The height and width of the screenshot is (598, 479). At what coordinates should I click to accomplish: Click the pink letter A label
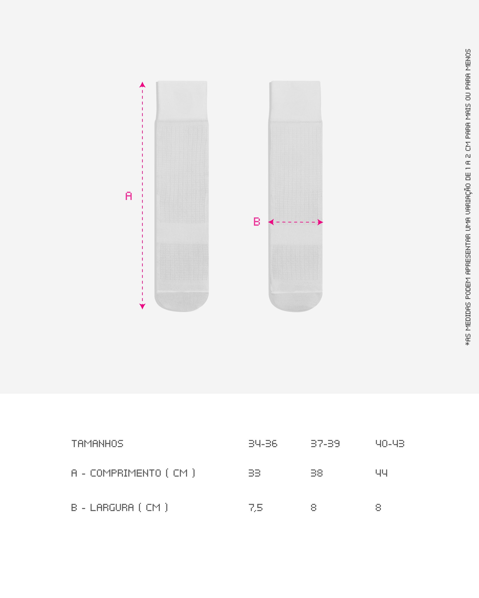click(129, 196)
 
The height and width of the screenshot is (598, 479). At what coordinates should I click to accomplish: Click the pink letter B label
click(257, 221)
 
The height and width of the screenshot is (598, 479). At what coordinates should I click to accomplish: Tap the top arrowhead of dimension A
click(143, 84)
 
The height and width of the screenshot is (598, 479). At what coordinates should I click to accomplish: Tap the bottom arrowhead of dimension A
click(143, 306)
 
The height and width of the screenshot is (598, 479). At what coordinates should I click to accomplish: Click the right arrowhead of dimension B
click(320, 222)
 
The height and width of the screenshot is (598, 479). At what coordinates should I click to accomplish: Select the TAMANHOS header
click(97, 444)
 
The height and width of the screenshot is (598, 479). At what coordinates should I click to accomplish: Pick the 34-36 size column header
click(263, 444)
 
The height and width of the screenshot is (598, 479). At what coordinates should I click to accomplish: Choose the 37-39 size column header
click(325, 444)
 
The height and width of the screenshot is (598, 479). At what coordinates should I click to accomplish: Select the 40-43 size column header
click(390, 444)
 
